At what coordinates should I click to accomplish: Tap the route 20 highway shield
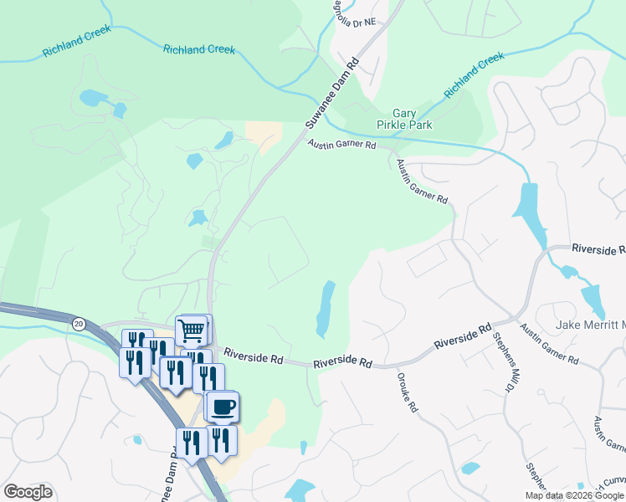click(79, 323)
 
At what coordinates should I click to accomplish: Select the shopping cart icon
click(192, 330)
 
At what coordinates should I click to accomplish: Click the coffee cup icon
click(223, 407)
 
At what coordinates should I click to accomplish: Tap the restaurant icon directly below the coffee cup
click(221, 441)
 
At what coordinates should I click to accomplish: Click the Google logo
click(28, 492)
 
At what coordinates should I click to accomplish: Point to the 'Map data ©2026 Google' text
click(574, 495)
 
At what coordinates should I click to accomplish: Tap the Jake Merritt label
click(591, 325)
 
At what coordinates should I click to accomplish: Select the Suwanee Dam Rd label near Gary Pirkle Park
click(331, 93)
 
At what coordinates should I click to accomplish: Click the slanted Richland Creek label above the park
click(475, 74)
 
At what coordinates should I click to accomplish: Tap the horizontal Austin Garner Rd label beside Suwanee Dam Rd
click(341, 145)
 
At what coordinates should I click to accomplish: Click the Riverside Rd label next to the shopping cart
click(253, 357)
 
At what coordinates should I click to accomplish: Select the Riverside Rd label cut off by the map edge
click(598, 249)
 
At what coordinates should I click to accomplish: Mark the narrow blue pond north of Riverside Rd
click(325, 309)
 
